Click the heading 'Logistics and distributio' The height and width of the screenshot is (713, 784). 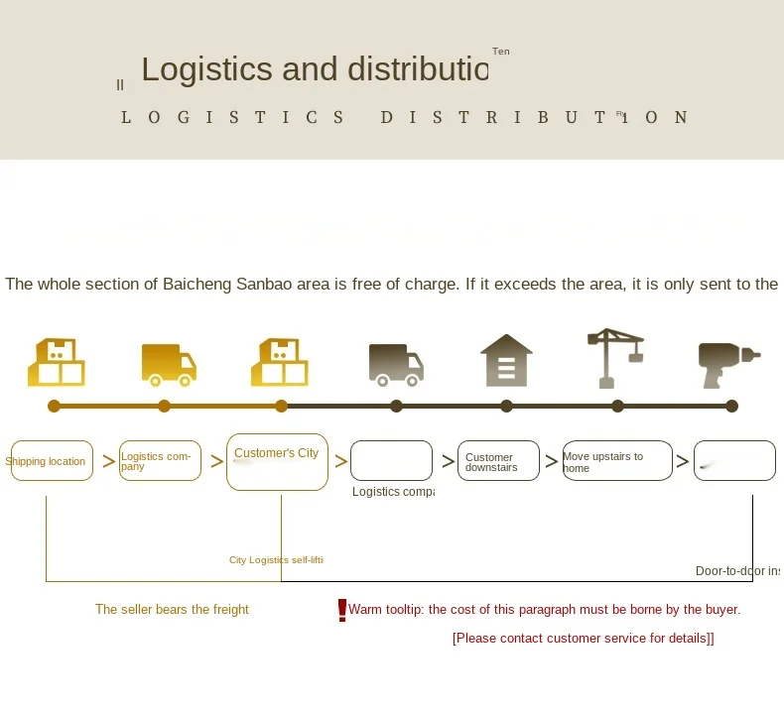tap(315, 69)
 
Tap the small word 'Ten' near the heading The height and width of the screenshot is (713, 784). tap(500, 52)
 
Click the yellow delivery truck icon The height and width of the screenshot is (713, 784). tap(169, 364)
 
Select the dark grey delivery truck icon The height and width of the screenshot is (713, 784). tap(396, 364)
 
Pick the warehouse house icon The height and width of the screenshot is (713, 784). tap(506, 360)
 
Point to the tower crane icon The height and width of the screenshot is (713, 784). tap(615, 357)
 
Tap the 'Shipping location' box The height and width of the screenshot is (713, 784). tap(52, 461)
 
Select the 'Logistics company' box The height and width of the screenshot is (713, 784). tap(160, 461)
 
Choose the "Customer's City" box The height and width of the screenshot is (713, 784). tap(277, 461)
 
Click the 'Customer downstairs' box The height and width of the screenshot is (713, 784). tap(498, 461)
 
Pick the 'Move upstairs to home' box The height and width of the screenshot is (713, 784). tap(617, 461)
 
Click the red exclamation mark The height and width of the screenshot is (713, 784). tap(342, 610)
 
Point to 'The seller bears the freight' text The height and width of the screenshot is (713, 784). tap(172, 610)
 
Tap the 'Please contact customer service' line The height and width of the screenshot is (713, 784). tap(583, 639)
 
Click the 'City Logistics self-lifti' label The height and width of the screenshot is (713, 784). tap(276, 560)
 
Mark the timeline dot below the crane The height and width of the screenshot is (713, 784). tap(617, 406)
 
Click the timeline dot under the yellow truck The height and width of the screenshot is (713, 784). tap(165, 406)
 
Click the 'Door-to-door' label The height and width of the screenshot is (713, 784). tap(737, 571)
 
